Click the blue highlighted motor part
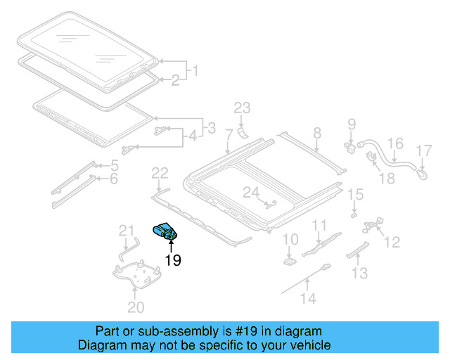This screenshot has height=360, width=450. coord(166,231)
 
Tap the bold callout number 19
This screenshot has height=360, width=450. coord(172,261)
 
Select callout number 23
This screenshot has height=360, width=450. coord(242,108)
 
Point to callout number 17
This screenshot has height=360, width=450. coord(423,150)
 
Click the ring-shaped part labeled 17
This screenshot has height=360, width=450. coord(421,169)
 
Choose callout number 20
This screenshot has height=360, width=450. coord(135,307)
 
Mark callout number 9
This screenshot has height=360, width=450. coord(352,125)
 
